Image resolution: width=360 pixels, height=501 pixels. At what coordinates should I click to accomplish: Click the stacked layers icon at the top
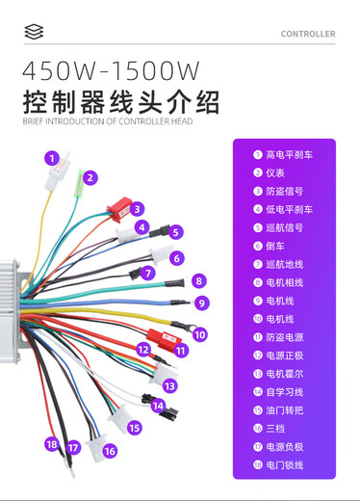[34, 33]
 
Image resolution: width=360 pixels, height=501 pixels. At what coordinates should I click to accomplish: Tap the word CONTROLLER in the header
[308, 34]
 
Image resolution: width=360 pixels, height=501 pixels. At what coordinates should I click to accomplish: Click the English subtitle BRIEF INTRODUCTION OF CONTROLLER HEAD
[107, 122]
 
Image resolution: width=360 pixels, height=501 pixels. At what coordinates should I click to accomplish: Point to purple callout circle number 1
[51, 156]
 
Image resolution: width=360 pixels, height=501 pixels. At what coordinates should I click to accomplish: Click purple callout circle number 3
[138, 208]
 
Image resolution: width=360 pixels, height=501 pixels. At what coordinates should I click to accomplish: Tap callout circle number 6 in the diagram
[177, 258]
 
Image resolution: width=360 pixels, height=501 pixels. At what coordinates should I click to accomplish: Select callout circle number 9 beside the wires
[202, 303]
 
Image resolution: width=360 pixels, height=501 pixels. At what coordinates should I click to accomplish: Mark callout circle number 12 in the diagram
[142, 351]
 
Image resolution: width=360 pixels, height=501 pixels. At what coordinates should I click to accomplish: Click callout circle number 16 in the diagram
[110, 450]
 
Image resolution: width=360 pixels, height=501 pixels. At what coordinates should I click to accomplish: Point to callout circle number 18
[51, 444]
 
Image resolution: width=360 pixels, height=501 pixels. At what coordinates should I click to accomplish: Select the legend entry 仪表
[277, 172]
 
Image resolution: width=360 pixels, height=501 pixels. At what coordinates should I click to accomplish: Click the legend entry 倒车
[277, 246]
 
